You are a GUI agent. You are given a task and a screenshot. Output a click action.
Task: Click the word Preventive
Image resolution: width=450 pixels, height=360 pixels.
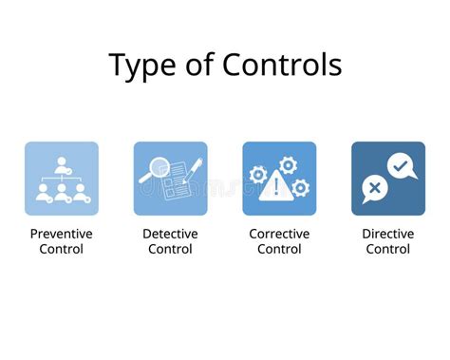coord(62,233)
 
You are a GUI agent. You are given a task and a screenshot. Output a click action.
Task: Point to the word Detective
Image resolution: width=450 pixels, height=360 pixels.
coord(170,233)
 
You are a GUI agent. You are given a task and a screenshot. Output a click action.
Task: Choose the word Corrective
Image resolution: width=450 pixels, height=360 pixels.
coord(279,233)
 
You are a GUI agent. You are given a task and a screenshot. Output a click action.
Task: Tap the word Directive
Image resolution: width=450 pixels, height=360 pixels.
coord(387,233)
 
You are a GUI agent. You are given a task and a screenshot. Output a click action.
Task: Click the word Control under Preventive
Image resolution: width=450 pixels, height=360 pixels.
coord(62,249)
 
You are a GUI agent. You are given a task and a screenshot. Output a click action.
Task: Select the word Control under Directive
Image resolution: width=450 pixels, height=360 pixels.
coord(387,249)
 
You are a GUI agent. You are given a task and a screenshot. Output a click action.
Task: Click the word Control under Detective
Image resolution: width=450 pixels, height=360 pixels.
coord(170,249)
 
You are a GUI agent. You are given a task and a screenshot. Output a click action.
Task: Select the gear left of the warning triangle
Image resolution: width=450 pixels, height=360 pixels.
coord(258,175)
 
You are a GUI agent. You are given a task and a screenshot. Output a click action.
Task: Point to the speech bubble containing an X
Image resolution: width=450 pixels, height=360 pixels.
coord(374,189)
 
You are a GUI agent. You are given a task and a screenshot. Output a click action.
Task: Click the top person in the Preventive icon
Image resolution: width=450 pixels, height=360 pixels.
coord(62,163)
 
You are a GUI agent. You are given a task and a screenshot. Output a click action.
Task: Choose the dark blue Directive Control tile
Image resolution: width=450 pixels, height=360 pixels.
coord(387,179)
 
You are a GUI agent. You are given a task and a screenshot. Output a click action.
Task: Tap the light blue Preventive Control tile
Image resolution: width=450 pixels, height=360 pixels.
coord(62,179)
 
